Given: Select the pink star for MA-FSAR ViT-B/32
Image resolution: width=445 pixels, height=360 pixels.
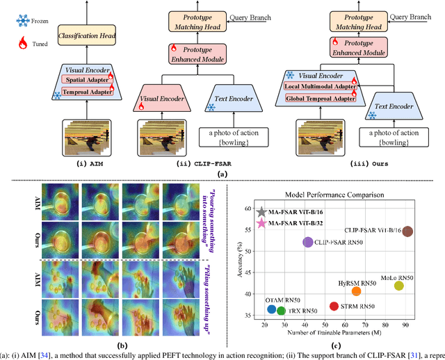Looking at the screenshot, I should [261, 224].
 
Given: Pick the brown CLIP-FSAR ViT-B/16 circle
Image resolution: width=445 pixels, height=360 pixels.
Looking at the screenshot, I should [408, 231].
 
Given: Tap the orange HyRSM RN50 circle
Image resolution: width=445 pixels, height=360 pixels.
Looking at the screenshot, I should [357, 291].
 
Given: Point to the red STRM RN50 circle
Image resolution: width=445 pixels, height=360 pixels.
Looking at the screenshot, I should [334, 306].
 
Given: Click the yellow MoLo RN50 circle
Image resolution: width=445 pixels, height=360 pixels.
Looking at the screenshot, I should [399, 286].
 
